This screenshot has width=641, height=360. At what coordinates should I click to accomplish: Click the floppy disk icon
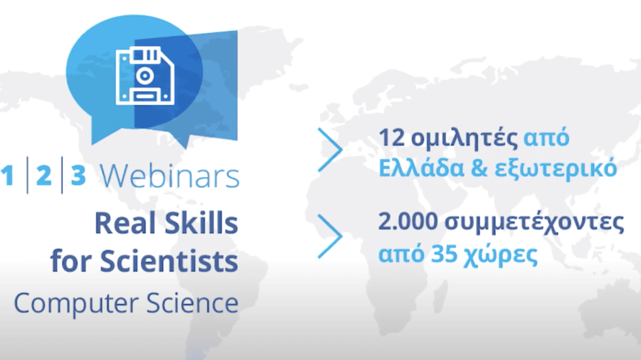click(x=145, y=76)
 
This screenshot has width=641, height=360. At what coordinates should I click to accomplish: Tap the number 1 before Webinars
click(x=8, y=175)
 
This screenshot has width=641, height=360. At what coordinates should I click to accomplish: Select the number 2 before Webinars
click(x=44, y=175)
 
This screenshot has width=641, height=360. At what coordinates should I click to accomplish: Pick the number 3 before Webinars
click(x=78, y=175)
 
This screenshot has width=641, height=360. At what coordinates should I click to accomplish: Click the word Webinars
click(x=170, y=176)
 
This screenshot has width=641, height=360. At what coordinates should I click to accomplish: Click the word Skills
click(x=202, y=223)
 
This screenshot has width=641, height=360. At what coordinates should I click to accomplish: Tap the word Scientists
click(x=169, y=261)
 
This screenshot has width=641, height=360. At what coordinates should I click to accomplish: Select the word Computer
click(x=76, y=303)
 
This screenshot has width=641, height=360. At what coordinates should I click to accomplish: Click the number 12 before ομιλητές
click(x=392, y=138)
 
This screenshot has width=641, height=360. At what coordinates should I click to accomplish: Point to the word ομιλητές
click(x=465, y=139)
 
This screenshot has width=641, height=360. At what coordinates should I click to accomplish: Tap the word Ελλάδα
click(x=421, y=168)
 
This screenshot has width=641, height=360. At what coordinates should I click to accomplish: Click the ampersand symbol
click(x=479, y=168)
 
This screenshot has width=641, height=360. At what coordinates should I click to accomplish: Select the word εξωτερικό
click(x=555, y=168)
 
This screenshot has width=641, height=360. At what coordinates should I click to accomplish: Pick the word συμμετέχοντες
click(x=534, y=223)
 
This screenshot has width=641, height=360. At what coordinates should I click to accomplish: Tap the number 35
click(x=444, y=254)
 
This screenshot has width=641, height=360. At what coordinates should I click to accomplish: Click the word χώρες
click(x=501, y=255)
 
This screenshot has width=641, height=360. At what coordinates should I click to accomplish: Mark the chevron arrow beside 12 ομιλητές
click(x=331, y=150)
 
